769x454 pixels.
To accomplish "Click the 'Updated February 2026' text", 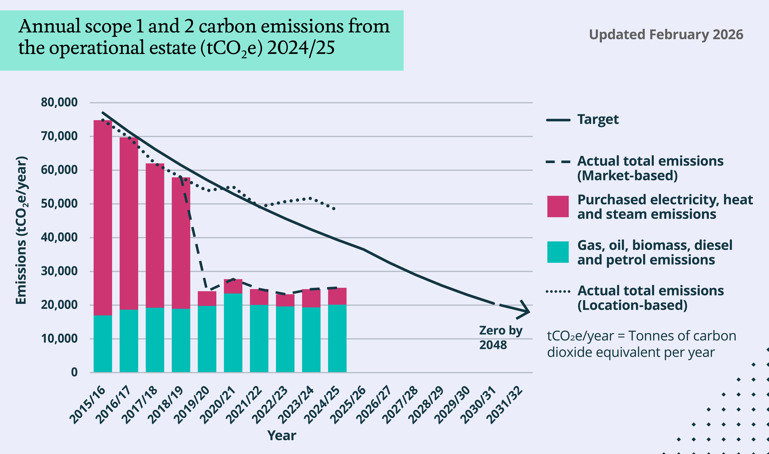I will point(666,35).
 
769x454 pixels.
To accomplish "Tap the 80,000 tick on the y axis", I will point(59,102).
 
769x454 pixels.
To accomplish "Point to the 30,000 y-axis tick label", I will point(59,271).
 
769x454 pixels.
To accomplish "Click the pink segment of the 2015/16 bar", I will point(103,217).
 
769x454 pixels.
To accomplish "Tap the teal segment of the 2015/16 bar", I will point(103,344).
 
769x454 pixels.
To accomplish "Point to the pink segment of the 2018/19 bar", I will point(181,243).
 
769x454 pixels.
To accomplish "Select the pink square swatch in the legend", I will point(558,206).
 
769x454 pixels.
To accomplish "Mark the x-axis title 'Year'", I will point(282,435).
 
